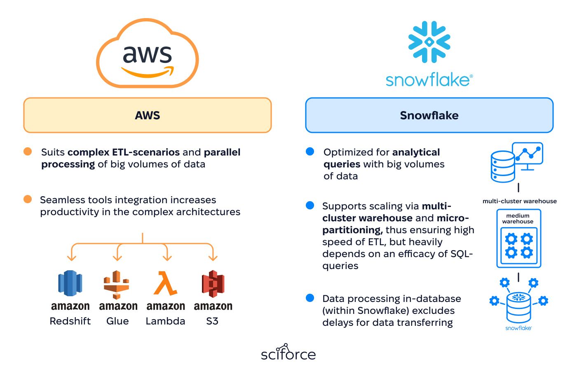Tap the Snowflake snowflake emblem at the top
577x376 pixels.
429,42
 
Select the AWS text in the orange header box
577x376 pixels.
148,116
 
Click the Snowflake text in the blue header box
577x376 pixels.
429,116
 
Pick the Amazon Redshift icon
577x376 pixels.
70,283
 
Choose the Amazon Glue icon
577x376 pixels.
116,284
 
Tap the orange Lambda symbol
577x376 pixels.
165,283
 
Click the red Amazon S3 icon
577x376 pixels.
213,283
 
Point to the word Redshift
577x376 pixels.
70,321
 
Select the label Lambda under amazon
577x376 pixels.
165,321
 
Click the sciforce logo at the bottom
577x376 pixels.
288,352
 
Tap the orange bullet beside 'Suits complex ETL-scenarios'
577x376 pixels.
28,151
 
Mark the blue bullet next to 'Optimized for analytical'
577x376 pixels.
310,151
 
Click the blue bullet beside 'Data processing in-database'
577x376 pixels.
310,298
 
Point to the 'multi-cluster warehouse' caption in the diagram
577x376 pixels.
520,201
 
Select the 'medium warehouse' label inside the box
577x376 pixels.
518,218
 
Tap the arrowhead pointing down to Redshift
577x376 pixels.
72,258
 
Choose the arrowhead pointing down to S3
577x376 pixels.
213,258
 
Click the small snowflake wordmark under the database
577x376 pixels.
518,328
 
